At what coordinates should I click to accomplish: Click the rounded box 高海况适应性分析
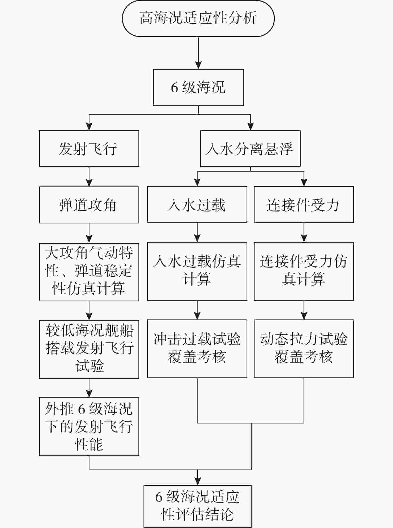tap(198, 18)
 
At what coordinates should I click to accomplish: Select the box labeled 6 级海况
tap(198, 88)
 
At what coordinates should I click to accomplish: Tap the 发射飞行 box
tap(89, 149)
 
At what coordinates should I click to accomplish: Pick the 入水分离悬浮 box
tap(250, 149)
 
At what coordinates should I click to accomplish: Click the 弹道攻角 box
tap(89, 205)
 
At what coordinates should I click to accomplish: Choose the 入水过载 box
tap(197, 205)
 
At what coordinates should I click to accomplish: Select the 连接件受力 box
tap(304, 205)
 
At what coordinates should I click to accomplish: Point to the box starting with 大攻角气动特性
tap(89, 272)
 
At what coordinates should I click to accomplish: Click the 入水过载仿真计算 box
tap(197, 271)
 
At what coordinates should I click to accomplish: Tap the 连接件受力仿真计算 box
tap(304, 271)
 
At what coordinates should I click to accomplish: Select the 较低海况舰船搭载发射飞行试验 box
tap(89, 349)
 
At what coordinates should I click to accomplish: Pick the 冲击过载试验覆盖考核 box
tap(197, 349)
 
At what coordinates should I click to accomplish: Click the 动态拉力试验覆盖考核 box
tap(304, 349)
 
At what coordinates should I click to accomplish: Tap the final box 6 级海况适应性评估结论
tap(198, 506)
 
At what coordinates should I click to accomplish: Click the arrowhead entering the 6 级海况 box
tap(198, 65)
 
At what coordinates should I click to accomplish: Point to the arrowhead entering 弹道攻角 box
tap(89, 183)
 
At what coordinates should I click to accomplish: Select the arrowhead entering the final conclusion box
tap(198, 481)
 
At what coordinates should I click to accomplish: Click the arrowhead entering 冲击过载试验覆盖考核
tap(197, 316)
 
